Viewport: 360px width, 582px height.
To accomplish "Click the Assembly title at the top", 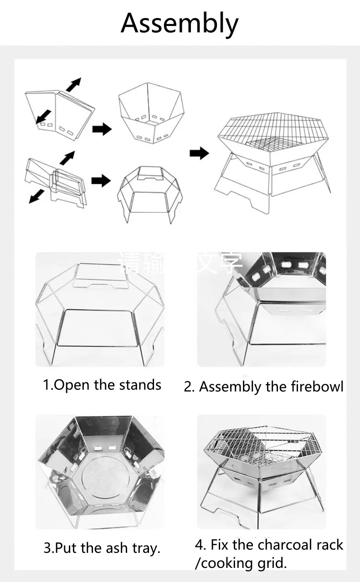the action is (x=180, y=24).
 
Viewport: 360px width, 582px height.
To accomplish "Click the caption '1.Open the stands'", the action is (x=102, y=385).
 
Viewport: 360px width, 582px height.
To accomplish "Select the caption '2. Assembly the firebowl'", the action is (x=263, y=387).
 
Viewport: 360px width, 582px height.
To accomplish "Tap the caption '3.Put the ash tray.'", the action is (x=102, y=547).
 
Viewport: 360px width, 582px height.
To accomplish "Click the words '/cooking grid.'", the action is (x=241, y=563).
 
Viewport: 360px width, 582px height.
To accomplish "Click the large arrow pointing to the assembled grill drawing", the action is (x=199, y=153).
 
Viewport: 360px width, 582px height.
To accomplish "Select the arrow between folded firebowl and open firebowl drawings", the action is (x=102, y=129).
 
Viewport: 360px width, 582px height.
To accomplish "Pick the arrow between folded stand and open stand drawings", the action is (x=101, y=181).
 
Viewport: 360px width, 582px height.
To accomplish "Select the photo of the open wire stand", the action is (x=100, y=310).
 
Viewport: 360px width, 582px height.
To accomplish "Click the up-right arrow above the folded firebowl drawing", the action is (x=73, y=85).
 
